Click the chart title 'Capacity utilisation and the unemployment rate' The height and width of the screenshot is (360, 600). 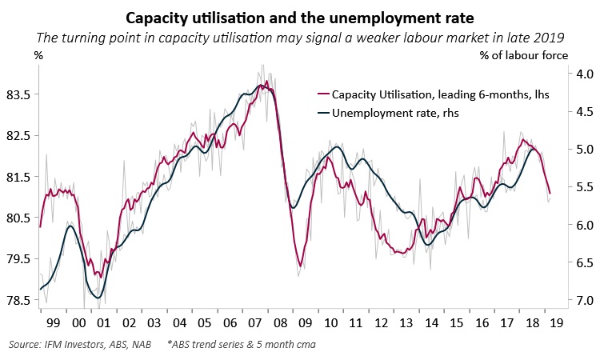300,17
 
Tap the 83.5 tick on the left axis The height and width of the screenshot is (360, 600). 18,94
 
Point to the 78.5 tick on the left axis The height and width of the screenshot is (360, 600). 18,300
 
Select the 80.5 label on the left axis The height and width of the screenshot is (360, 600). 18,218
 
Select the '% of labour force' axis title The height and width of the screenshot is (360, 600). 524,55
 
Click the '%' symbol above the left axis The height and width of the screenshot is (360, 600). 38,55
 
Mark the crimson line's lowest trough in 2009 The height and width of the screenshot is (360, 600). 299,266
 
